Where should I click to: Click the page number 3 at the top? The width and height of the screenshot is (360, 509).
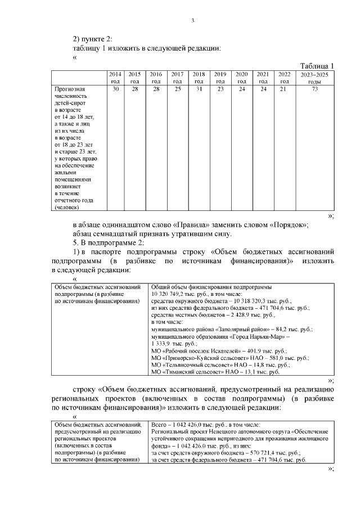pos(192,21)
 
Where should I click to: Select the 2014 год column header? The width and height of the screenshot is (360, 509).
pos(115,78)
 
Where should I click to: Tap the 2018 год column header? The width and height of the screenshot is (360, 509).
pos(199,78)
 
